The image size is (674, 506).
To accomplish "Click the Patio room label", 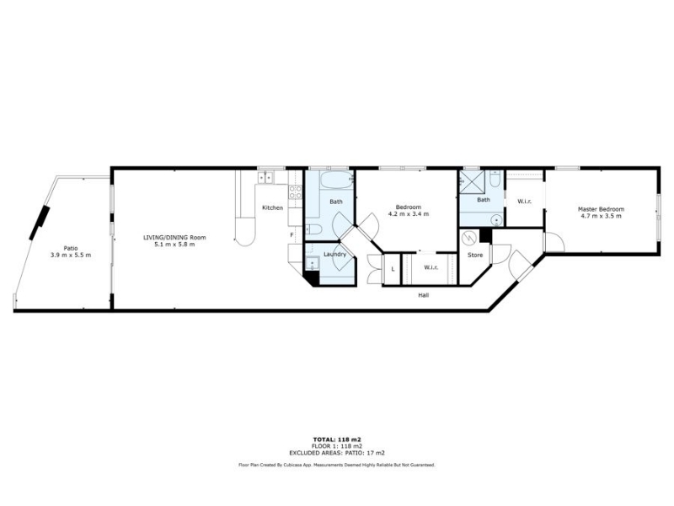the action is tap(71, 248).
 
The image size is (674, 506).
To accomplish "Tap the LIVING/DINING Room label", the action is tap(174, 238).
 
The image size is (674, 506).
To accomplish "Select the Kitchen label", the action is tap(272, 207).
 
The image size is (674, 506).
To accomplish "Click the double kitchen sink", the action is tap(265, 177).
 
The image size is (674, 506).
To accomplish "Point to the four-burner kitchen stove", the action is tap(295, 192).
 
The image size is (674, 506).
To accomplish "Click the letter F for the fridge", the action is tap(292, 235).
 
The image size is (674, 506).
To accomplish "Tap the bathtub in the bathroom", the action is tap(336, 180).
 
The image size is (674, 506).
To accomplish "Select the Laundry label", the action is tap(334, 255).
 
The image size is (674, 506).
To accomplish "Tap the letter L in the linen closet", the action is tap(393, 269).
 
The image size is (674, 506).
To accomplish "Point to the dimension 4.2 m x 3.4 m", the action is tap(409, 214).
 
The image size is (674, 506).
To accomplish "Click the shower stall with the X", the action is tap(473, 181).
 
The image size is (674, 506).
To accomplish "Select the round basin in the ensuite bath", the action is tap(497, 220).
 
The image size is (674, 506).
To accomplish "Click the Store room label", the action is tap(475, 255).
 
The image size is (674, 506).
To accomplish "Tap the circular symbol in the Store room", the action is tap(469, 238).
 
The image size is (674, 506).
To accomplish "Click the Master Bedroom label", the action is tap(601, 209).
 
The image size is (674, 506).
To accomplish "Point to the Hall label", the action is tap(424, 295).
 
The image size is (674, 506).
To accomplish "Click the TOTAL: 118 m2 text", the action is tap(336, 439).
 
